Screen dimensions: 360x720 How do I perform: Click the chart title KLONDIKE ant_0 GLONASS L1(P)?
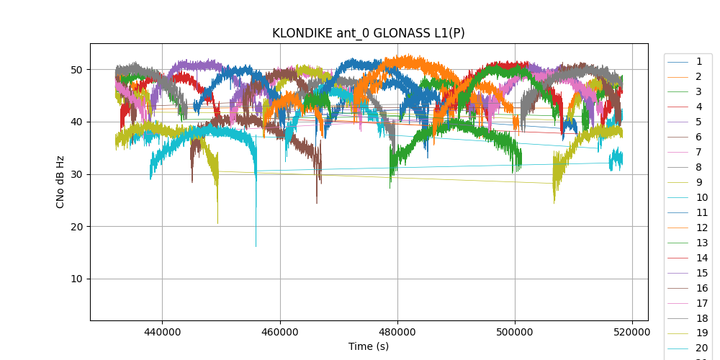pyautogui.click(x=368, y=33)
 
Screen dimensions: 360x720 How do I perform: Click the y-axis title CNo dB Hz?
pyautogui.click(x=60, y=181)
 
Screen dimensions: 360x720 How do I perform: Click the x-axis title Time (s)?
pyautogui.click(x=368, y=346)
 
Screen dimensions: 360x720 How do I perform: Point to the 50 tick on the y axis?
pyautogui.click(x=76, y=70)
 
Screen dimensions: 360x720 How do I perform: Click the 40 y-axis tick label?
pyautogui.click(x=76, y=122)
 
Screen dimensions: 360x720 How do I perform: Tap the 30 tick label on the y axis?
pyautogui.click(x=76, y=174)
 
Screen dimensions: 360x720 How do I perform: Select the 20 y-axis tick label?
pyautogui.click(x=76, y=227)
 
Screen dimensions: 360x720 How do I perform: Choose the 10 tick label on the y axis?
pyautogui.click(x=76, y=279)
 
